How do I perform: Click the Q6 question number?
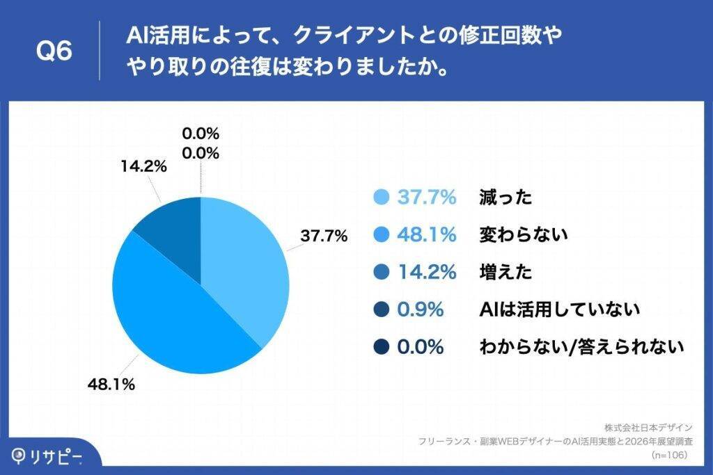click(x=54, y=51)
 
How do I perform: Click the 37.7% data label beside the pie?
click(x=324, y=236)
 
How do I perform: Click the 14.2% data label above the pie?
click(x=143, y=166)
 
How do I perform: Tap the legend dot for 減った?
click(x=381, y=198)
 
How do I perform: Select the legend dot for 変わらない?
click(x=381, y=235)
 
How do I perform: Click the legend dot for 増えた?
click(x=381, y=272)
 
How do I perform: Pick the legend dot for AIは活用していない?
click(x=381, y=309)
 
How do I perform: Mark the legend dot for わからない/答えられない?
click(x=381, y=346)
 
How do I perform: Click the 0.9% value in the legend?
click(x=421, y=309)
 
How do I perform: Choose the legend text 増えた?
click(x=506, y=272)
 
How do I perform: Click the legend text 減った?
click(x=506, y=198)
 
